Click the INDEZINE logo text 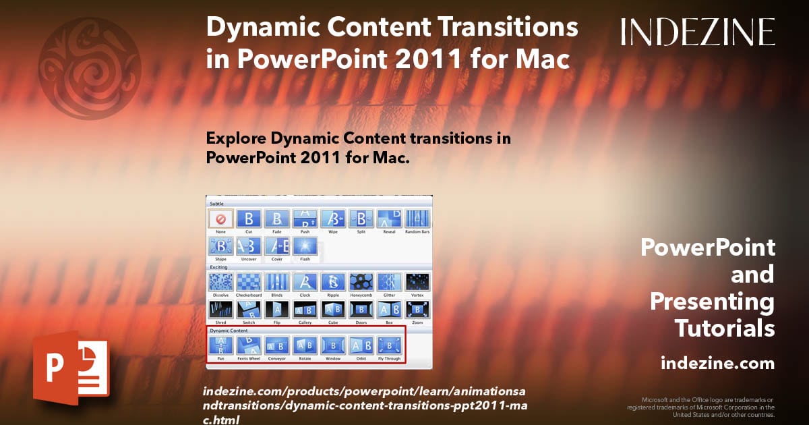pyautogui.click(x=698, y=32)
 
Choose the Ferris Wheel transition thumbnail pyautogui.click(x=249, y=345)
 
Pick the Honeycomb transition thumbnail pyautogui.click(x=361, y=282)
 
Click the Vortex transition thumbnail pyautogui.click(x=417, y=282)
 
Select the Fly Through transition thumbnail pyautogui.click(x=389, y=345)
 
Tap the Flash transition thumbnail pyautogui.click(x=305, y=247)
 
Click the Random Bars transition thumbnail pyautogui.click(x=417, y=219)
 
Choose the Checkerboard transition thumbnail pyautogui.click(x=249, y=282)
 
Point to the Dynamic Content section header pyautogui.click(x=229, y=331)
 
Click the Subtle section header pyautogui.click(x=216, y=203)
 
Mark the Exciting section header pyautogui.click(x=218, y=267)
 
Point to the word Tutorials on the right pyautogui.click(x=725, y=329)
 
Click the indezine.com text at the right pyautogui.click(x=717, y=364)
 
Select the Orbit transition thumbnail pyautogui.click(x=361, y=345)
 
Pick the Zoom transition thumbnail pyautogui.click(x=417, y=310)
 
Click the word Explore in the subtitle pyautogui.click(x=235, y=139)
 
